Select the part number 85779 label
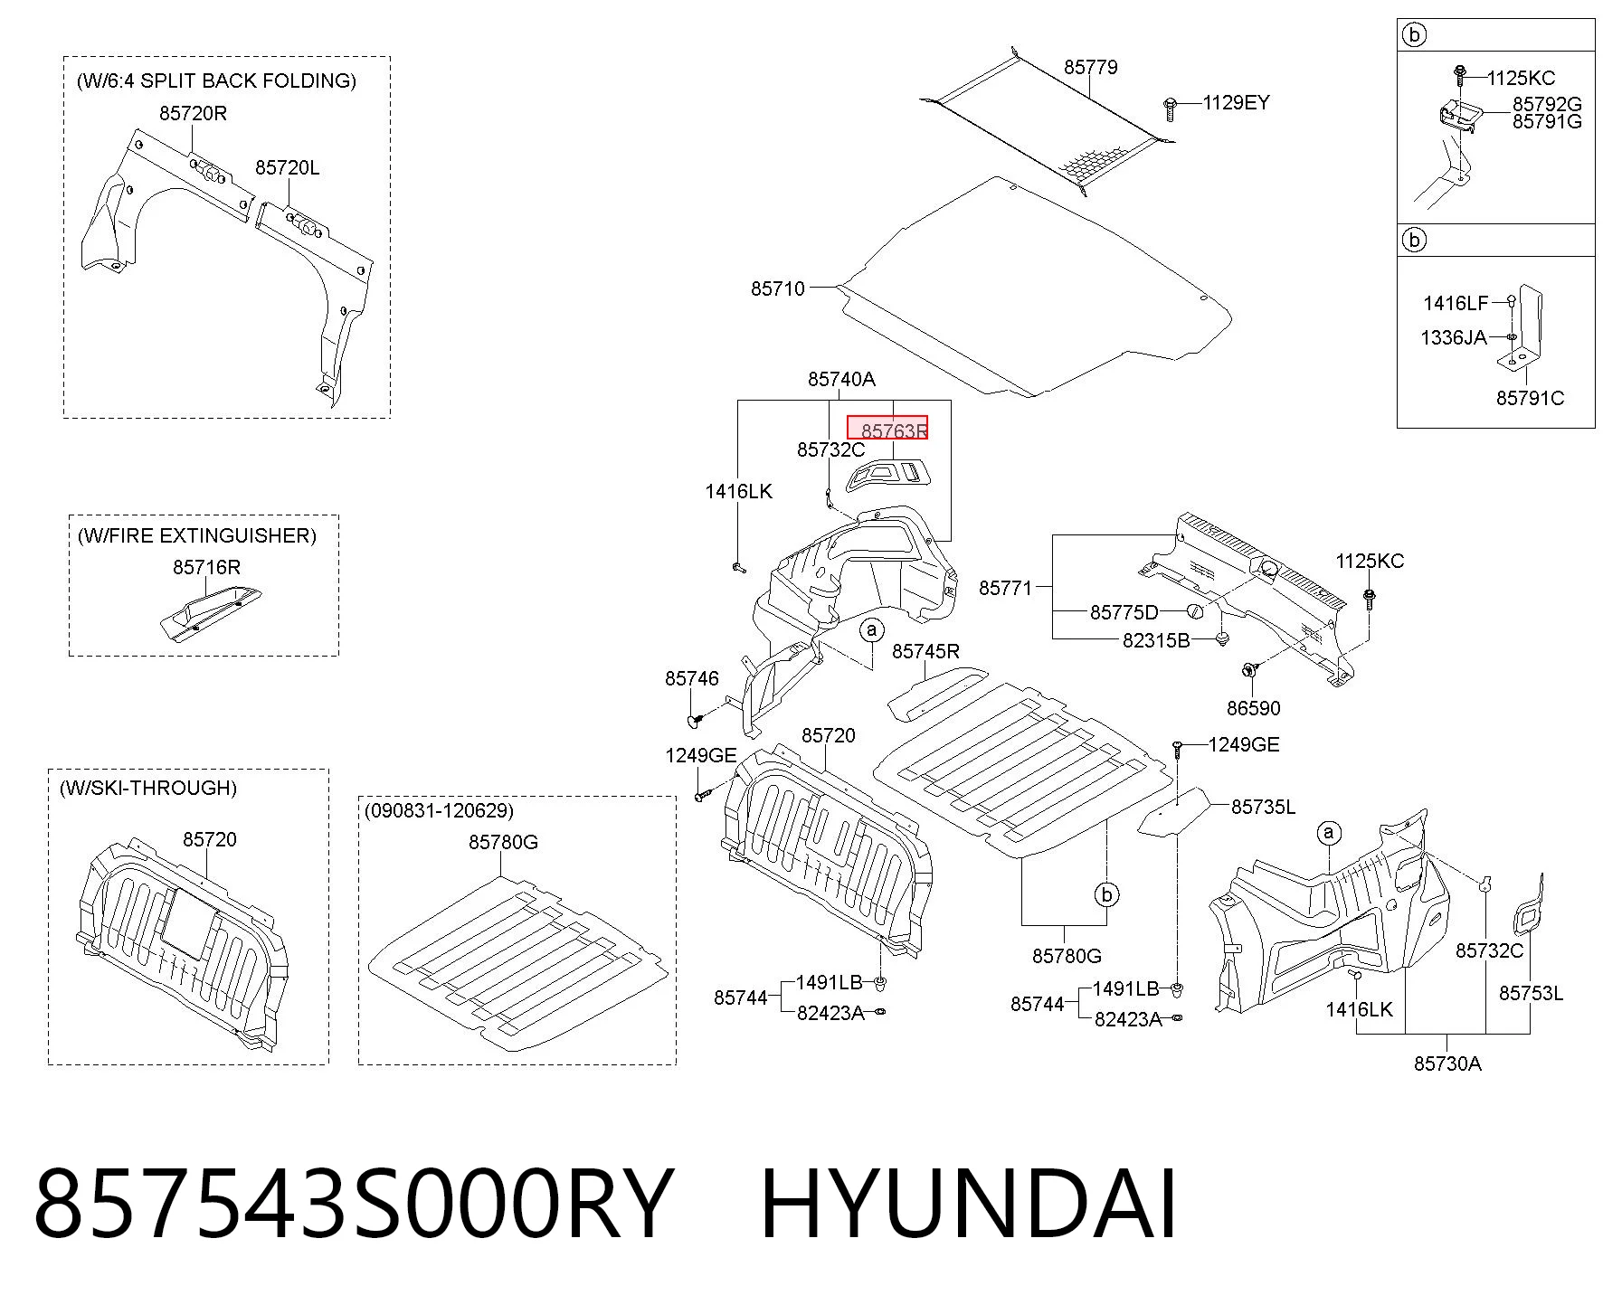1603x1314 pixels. click(1090, 67)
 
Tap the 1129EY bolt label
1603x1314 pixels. click(1236, 102)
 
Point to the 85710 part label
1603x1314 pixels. click(777, 288)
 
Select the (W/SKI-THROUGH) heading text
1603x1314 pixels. click(147, 788)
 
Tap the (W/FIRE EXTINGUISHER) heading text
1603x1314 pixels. click(197, 535)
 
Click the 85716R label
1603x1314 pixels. click(206, 567)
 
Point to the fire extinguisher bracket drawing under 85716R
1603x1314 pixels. click(210, 612)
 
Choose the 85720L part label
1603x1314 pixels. click(287, 167)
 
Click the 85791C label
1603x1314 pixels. click(1530, 398)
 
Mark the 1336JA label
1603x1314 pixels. click(1454, 337)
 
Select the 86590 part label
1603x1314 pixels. click(1253, 708)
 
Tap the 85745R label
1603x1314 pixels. click(925, 651)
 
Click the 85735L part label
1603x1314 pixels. click(1263, 806)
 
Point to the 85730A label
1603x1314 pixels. click(1447, 1063)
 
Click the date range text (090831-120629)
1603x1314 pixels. click(439, 810)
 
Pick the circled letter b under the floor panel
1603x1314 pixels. click(1106, 894)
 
